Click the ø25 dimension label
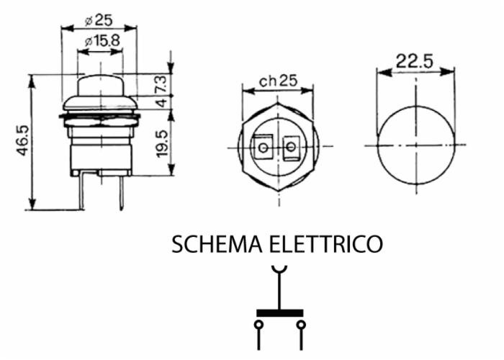coord(99,19)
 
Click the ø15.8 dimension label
coord(102,41)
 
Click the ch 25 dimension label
coord(279,81)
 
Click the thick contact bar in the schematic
coord(280,313)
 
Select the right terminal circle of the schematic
coord(302,325)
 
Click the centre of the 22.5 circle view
coord(416,145)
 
